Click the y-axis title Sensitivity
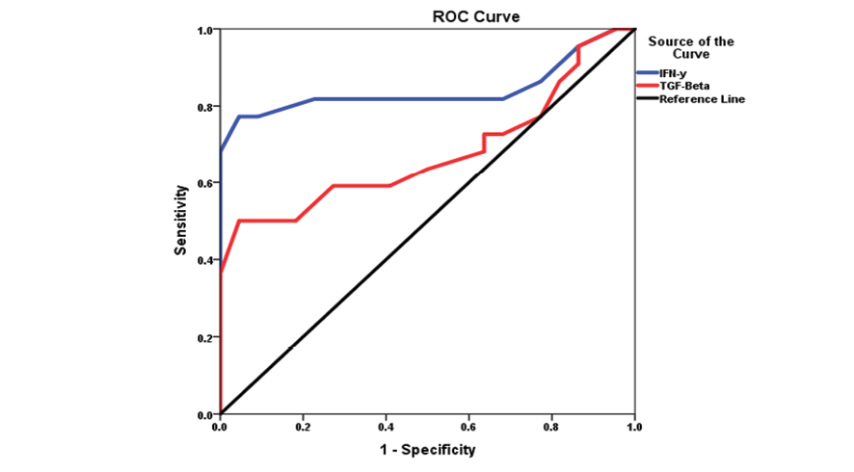pos(180,223)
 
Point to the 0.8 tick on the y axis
pos(204,107)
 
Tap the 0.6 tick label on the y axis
pos(204,184)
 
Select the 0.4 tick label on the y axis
pos(204,261)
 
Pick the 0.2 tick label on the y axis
pos(204,338)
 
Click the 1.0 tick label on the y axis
pos(204,30)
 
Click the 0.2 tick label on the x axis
pos(304,425)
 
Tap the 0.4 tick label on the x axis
pos(387,425)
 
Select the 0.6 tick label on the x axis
pos(469,425)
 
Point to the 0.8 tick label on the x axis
pos(552,425)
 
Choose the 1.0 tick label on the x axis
pos(633,425)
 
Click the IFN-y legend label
pos(673,73)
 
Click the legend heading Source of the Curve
pos(691,47)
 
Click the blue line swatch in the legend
pos(646,73)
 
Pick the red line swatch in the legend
pos(646,86)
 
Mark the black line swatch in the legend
pos(646,99)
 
